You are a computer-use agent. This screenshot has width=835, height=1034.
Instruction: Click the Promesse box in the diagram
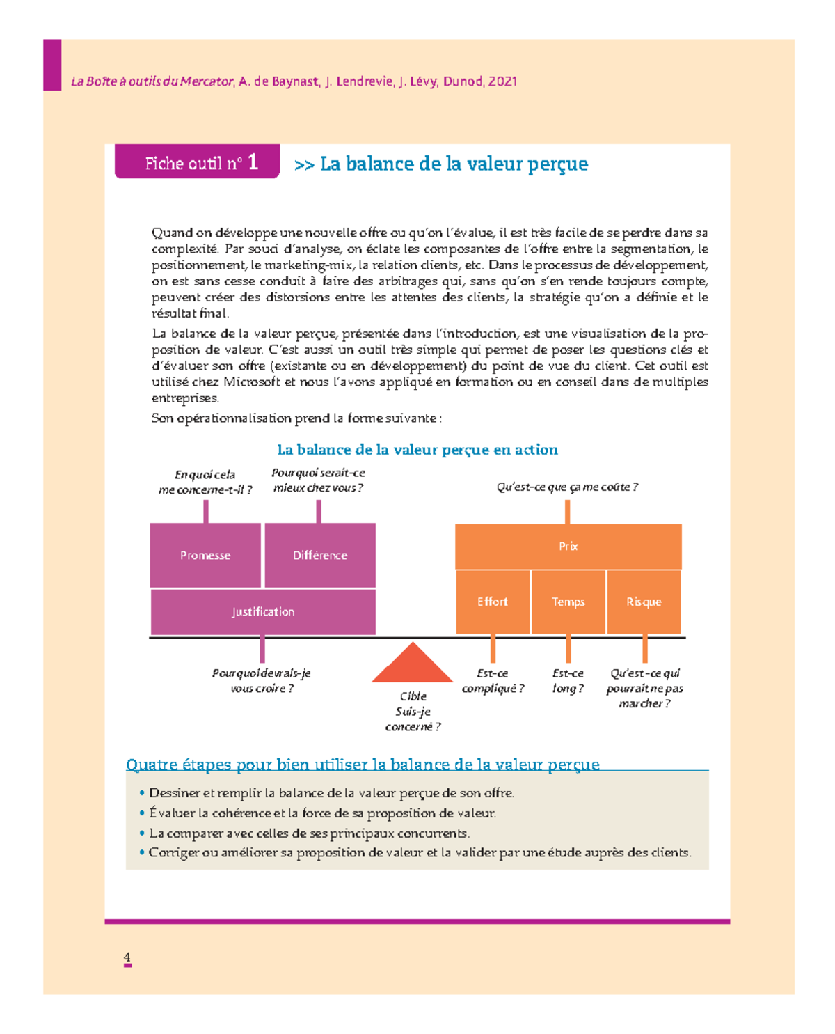pos(205,555)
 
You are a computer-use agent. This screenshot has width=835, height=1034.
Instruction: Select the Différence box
pos(320,555)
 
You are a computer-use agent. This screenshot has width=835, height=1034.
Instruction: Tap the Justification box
pos(263,611)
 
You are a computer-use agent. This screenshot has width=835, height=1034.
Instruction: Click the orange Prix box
pos(568,547)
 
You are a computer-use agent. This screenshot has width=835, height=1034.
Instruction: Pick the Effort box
pos(493,602)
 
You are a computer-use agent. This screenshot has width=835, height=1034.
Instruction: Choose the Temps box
pos(568,602)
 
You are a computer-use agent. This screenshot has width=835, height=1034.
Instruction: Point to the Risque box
pos(644,602)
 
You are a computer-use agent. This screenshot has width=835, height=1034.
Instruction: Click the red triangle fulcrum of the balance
pos(413,665)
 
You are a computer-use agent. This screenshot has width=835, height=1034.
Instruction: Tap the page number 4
pos(127,957)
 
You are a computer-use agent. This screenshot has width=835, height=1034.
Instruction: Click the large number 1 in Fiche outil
pos(253,162)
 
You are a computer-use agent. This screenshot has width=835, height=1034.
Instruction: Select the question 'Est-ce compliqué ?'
pos(493,681)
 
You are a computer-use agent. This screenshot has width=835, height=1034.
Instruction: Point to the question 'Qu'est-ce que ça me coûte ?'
pos(567,487)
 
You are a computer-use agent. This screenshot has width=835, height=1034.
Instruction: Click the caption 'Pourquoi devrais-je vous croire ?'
pos(261,681)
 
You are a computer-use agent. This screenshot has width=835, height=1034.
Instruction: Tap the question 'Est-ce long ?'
pos(568,681)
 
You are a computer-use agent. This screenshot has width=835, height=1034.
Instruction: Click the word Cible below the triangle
pos(413,696)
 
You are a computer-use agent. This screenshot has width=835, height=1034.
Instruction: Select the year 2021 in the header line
pos(502,81)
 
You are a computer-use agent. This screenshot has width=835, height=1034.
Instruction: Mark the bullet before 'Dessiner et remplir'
pos(142,792)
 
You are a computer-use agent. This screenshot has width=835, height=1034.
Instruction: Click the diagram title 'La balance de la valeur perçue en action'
pos(417,450)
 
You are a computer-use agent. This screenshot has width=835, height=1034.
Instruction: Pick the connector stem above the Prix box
pos(568,512)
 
